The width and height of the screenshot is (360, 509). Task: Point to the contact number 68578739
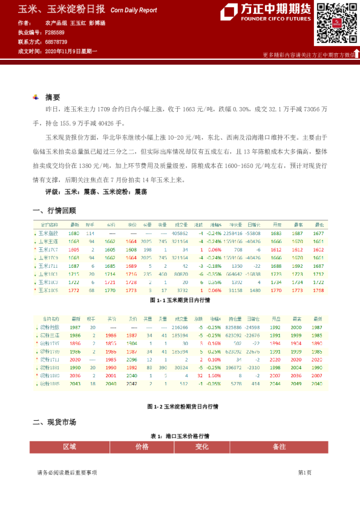coord(55,42)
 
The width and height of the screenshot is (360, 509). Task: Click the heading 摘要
coord(53,97)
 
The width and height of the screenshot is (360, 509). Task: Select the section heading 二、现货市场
coord(54,422)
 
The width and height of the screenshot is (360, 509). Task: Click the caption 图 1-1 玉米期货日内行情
coord(180,299)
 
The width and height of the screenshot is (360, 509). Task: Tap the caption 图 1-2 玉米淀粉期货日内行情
coord(180,407)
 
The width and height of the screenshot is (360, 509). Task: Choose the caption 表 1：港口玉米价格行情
coord(180,436)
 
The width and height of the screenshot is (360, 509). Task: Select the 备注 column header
coord(279,447)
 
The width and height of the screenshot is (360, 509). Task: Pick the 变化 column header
coord(201,447)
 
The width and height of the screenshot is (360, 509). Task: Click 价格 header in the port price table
coord(142,447)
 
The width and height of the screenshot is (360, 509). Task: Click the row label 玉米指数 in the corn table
coord(49,233)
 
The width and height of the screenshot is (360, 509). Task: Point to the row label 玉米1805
coord(49,290)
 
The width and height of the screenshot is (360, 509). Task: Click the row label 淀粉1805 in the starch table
coord(50,383)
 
